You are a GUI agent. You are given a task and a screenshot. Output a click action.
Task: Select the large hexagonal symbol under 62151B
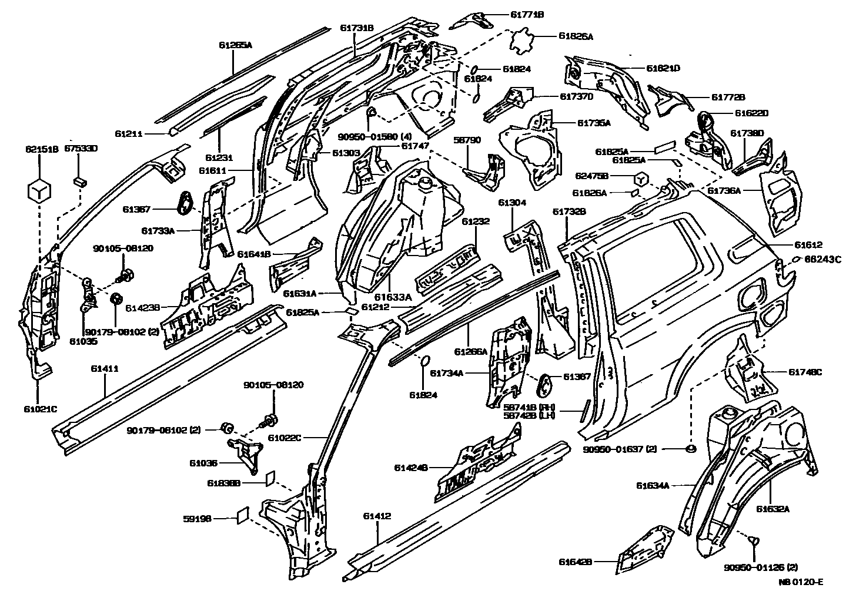(x=39, y=190)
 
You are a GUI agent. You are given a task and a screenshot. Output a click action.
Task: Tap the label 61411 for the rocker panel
(x=105, y=369)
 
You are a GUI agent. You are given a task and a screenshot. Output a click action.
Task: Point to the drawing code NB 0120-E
(x=801, y=583)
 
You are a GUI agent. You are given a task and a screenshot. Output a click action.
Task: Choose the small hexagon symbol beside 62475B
(x=641, y=177)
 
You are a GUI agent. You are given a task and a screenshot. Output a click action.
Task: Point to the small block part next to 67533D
(x=79, y=180)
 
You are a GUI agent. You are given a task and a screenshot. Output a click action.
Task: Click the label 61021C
(x=40, y=409)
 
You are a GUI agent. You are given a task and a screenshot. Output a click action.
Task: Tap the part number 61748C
(x=805, y=372)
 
